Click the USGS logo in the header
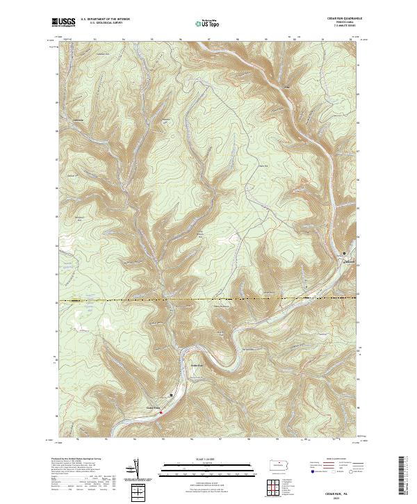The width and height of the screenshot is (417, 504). tap(64, 22)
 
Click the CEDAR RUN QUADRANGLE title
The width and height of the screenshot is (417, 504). tap(336, 18)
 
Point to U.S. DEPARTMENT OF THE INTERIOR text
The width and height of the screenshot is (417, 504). tap(105, 19)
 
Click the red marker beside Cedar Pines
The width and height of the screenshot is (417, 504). tap(161, 412)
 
